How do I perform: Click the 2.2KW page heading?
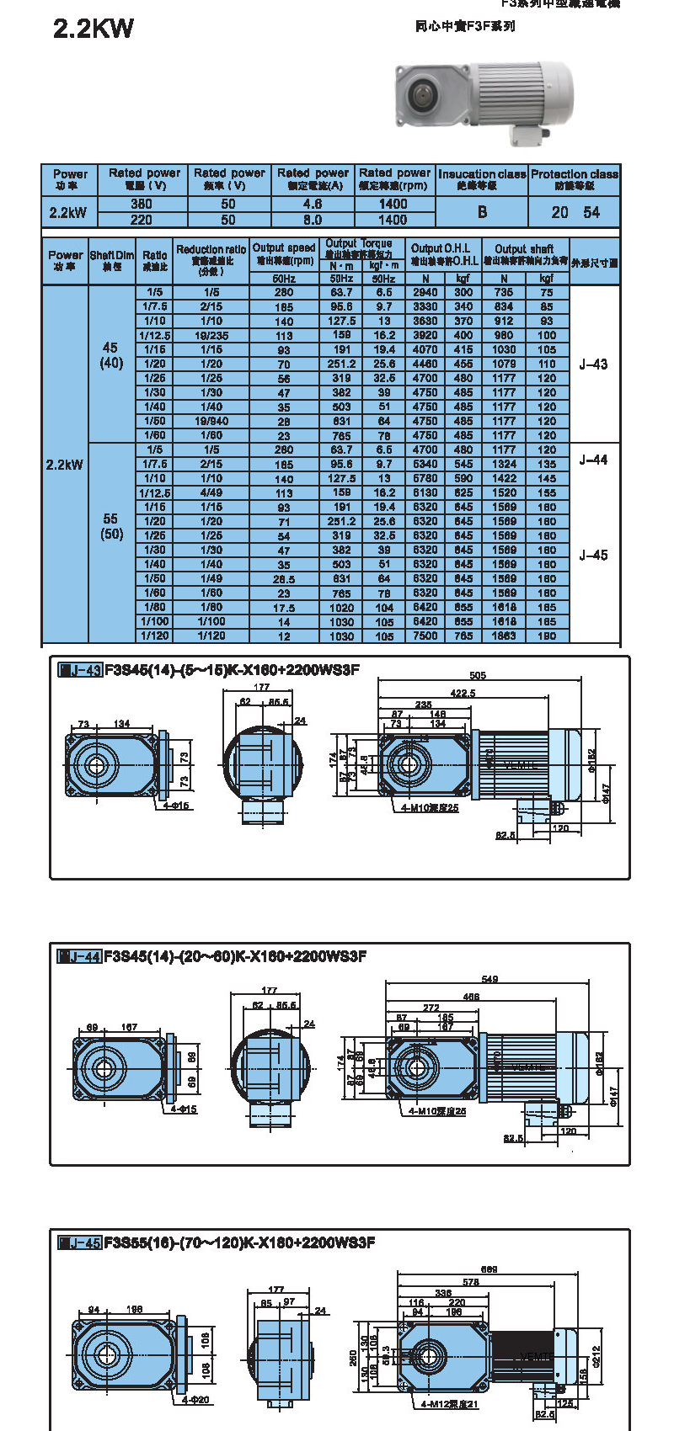click(x=93, y=29)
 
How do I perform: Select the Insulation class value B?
click(x=482, y=212)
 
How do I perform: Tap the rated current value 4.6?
click(x=313, y=204)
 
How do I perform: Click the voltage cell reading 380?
click(x=142, y=204)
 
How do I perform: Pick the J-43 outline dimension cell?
click(x=593, y=364)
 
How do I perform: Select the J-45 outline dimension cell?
click(x=593, y=555)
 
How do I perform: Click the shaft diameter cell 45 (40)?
click(x=111, y=355)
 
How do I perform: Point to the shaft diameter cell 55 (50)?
click(x=111, y=526)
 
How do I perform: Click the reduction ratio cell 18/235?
click(x=211, y=335)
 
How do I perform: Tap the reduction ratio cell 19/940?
click(x=211, y=421)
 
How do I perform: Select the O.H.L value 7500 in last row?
click(x=425, y=636)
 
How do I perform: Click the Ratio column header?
click(x=154, y=260)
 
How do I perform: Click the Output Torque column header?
click(x=360, y=248)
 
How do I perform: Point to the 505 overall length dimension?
click(x=478, y=675)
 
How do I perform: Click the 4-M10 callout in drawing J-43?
click(x=429, y=808)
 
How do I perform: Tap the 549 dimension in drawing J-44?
click(x=489, y=979)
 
